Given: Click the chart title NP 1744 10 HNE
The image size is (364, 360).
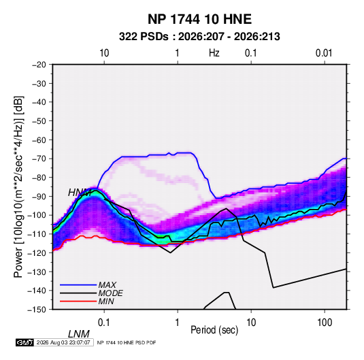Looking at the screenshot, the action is [199, 19].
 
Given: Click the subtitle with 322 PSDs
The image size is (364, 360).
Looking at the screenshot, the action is [199, 37].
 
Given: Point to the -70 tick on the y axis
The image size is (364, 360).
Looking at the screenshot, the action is [39, 159].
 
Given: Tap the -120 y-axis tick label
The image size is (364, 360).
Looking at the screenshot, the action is [37, 253].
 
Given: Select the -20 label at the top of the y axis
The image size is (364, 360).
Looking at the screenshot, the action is [39, 65].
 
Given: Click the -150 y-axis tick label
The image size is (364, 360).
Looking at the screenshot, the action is [37, 310].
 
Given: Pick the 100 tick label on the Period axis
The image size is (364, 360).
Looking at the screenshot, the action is [325, 323].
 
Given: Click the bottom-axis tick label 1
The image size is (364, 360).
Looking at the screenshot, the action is [178, 323].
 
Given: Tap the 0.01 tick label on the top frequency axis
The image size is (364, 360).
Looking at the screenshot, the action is [324, 53].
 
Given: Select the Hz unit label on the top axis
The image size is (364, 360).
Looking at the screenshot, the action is [214, 53].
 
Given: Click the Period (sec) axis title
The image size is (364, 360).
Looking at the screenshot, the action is [214, 330].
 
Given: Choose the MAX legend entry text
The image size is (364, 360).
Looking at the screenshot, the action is [107, 285].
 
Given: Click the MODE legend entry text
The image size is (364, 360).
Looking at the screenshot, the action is [110, 293].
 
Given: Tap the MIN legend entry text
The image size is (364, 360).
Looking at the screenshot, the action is [106, 301].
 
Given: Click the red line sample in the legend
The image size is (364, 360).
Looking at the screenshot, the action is [78, 301].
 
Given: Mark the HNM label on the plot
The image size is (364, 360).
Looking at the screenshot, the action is [80, 193].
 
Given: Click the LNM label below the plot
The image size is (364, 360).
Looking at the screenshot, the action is [79, 334].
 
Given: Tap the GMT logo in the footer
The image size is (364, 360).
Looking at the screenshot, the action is [24, 342].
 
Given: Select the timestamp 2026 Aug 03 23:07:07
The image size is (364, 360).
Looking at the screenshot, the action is [63, 342].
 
